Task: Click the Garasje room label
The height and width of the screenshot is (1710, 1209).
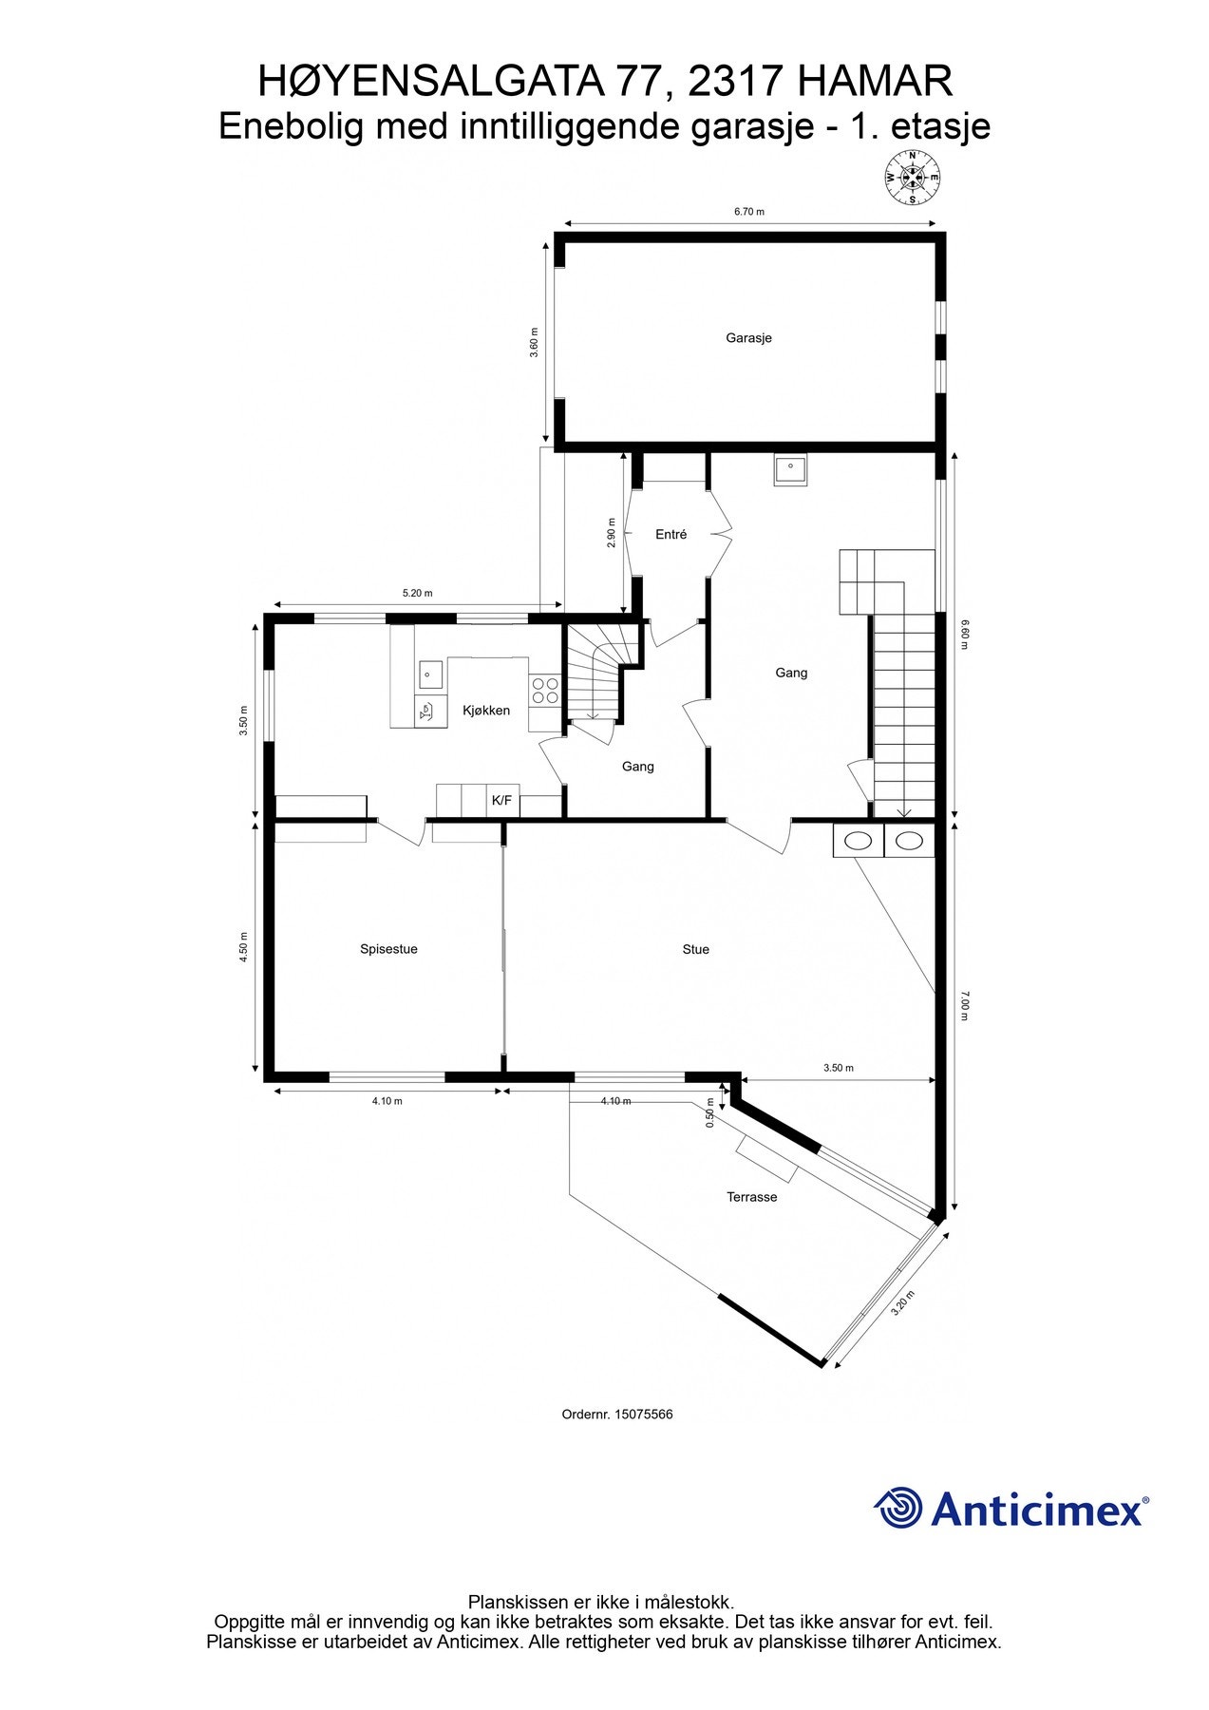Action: (x=748, y=338)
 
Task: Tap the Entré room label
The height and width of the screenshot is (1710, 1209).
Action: (x=671, y=535)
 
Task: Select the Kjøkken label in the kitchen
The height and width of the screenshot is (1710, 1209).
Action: (x=486, y=711)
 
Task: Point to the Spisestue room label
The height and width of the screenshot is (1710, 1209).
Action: (x=388, y=949)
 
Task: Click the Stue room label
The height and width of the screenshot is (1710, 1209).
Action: (x=695, y=949)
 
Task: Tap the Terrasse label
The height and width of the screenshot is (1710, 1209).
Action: (x=751, y=1197)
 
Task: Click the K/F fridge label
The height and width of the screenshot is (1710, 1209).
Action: (x=501, y=801)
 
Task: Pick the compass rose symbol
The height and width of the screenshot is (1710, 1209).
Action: (x=912, y=178)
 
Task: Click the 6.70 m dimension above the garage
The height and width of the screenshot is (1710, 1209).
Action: (x=748, y=212)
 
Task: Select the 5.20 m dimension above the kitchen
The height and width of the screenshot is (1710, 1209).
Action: (x=417, y=593)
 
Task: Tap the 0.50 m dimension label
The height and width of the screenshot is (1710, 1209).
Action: (x=710, y=1112)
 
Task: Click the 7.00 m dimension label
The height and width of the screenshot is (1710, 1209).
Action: (x=965, y=1004)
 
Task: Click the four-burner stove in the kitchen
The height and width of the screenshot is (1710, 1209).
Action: (x=544, y=690)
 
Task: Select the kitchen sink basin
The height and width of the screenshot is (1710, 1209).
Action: (x=429, y=674)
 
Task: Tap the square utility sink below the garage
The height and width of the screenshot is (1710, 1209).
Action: (x=790, y=470)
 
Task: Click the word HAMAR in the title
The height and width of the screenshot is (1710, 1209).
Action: (x=874, y=82)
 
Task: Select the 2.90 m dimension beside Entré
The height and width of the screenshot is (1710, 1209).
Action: (x=613, y=532)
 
